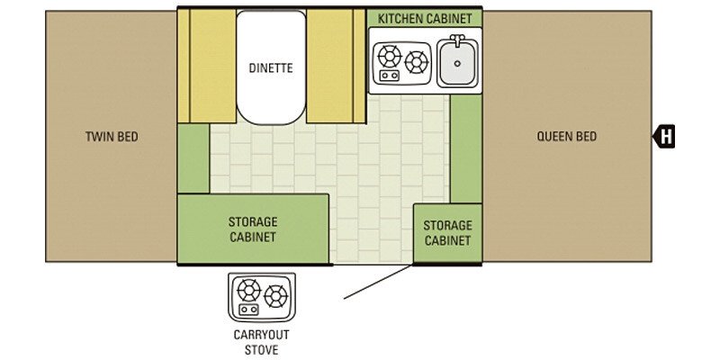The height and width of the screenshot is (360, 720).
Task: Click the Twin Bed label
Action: [112, 137]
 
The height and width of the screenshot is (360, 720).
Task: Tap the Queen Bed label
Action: [566, 137]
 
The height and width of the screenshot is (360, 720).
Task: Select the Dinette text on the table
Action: [271, 68]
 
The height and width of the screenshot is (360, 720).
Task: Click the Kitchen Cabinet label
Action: [425, 19]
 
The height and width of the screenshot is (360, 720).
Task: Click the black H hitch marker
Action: [664, 137]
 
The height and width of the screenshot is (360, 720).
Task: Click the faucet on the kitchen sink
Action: [458, 41]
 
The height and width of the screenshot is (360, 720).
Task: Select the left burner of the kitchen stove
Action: [390, 57]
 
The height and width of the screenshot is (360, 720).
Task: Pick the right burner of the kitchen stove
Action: [416, 62]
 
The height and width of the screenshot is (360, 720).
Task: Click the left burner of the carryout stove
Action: [247, 290]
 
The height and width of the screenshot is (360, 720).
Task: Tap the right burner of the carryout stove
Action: [275, 295]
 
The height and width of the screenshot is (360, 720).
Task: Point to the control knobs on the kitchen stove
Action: [388, 76]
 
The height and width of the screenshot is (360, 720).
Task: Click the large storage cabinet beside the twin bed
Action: [252, 229]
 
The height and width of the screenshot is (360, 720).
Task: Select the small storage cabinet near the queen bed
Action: [447, 233]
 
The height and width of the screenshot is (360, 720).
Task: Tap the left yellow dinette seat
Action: [208, 65]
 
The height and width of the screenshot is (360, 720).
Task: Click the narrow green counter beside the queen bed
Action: [465, 148]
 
